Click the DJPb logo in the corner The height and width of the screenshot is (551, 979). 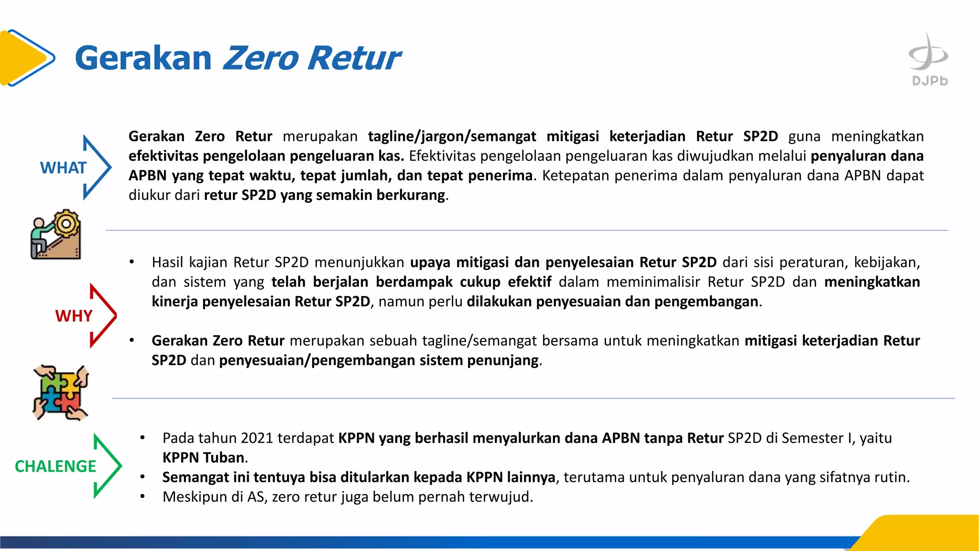pyautogui.click(x=928, y=60)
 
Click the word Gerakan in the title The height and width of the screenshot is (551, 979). pyautogui.click(x=143, y=58)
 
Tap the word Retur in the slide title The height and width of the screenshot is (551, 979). pyautogui.click(x=354, y=58)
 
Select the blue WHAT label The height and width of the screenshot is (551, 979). pyautogui.click(x=63, y=168)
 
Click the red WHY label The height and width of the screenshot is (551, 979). pyautogui.click(x=74, y=316)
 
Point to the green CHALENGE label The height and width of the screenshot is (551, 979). pyautogui.click(x=55, y=466)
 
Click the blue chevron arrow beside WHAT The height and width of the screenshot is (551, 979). pyautogui.click(x=98, y=167)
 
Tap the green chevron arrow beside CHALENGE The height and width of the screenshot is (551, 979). pyautogui.click(x=108, y=466)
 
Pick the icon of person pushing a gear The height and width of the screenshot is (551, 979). pyautogui.click(x=56, y=235)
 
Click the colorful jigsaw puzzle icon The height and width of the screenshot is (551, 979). pyautogui.click(x=61, y=393)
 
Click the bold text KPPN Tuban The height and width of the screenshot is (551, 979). pyautogui.click(x=204, y=458)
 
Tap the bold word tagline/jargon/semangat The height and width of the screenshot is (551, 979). pyautogui.click(x=452, y=136)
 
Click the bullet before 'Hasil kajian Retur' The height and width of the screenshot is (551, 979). pyautogui.click(x=131, y=263)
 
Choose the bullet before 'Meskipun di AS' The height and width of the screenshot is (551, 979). pyautogui.click(x=142, y=497)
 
